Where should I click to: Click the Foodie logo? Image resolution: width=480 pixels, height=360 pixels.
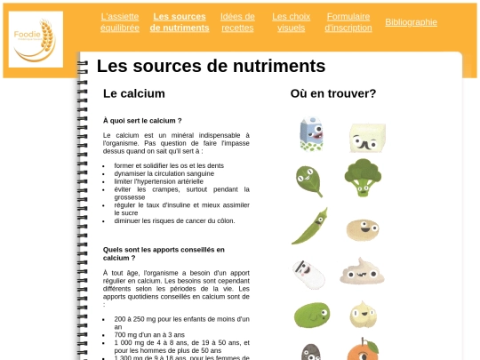pos(36,39)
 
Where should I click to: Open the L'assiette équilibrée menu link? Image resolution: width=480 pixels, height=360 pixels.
pos(120,22)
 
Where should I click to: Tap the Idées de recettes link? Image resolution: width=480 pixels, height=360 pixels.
pos(237,22)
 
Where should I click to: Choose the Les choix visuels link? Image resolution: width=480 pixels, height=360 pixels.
pos(291,22)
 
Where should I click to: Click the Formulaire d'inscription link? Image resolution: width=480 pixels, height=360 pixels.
pos(348,22)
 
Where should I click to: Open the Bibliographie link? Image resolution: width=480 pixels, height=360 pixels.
pos(411,22)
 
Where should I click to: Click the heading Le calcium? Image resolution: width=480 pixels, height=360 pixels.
pos(134,93)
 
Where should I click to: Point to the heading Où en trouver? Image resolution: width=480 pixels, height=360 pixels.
pos(332,93)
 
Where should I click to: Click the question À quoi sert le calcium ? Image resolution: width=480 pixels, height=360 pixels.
pos(142,120)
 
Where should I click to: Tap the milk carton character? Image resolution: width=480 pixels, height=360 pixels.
pos(309,134)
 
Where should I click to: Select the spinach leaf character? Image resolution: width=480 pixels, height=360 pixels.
pos(308,180)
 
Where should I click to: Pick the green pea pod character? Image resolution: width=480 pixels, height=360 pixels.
pos(309,226)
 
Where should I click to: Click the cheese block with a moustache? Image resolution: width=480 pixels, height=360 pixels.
pos(365,138)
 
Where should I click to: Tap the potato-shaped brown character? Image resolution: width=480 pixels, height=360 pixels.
pos(362,228)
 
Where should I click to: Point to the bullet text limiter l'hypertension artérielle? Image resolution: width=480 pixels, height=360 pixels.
pos(158,181)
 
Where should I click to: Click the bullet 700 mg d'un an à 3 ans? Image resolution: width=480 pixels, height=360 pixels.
pos(151,334)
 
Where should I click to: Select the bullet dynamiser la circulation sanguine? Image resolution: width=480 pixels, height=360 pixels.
pos(164,173)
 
